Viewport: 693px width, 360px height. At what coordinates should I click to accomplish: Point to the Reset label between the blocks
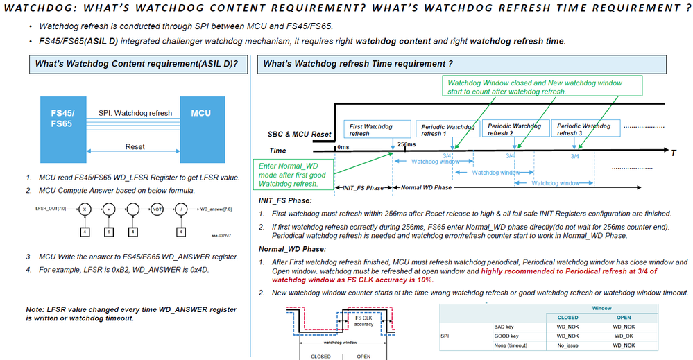pos(135,146)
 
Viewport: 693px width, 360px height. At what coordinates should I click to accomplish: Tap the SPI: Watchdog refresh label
pos(135,113)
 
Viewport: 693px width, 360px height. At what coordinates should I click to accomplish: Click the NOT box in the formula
pos(157,207)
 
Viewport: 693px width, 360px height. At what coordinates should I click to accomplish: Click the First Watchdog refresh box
pos(370,130)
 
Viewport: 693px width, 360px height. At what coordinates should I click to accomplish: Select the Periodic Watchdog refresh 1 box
pos(446,130)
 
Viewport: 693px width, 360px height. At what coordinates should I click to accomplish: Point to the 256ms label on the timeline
pos(407,144)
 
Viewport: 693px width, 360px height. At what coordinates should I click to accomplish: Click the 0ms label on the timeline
pos(344,146)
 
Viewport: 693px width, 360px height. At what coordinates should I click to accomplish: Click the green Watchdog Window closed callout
pos(535,87)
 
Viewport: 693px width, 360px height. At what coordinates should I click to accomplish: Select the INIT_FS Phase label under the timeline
pos(363,187)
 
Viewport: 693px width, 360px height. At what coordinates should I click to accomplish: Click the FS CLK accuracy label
pos(363,321)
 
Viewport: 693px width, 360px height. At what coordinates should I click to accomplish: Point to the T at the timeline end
pos(673,153)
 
